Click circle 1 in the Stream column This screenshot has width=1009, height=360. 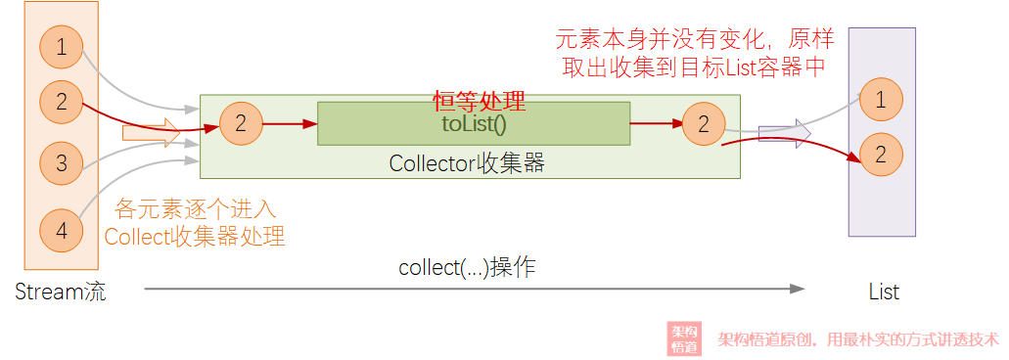[61, 46]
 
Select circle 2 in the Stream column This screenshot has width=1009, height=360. [61, 101]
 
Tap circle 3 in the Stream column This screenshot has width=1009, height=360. [61, 162]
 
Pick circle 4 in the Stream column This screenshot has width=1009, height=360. [61, 232]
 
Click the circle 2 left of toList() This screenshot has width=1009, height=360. [241, 123]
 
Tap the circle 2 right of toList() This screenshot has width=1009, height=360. [704, 123]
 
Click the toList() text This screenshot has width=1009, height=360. [474, 124]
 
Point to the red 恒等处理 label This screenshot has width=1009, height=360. [480, 101]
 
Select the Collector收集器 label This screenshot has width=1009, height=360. [467, 163]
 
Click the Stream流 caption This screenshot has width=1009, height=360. [61, 292]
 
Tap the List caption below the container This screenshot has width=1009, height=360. [884, 292]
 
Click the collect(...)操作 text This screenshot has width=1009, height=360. [467, 268]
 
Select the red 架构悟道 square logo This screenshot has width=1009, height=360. [684, 338]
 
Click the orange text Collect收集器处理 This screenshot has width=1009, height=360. [195, 236]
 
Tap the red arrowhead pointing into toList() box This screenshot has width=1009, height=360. [310, 124]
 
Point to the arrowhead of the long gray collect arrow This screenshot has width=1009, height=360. [798, 289]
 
